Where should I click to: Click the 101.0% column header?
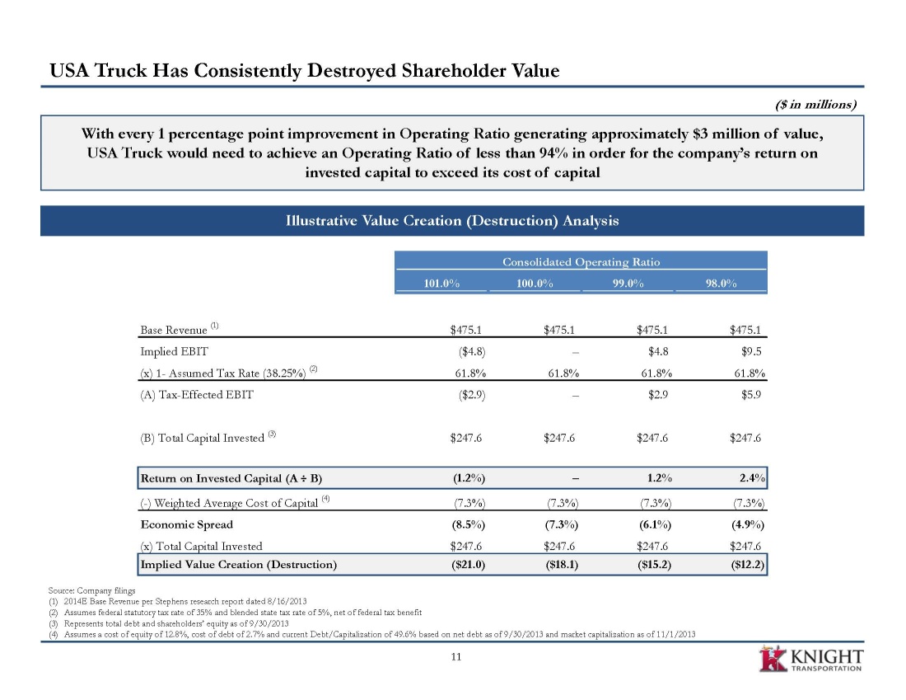coord(441,284)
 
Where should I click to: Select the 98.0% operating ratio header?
coord(722,284)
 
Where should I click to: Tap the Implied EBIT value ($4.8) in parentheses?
coord(471,351)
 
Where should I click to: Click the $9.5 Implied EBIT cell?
coord(751,351)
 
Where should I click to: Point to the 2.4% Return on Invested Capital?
coord(752,478)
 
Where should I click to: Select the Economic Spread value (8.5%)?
coord(468,524)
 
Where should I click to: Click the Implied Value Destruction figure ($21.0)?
coord(468,565)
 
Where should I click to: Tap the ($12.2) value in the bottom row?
coord(748,565)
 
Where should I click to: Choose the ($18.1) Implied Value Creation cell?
coord(562,565)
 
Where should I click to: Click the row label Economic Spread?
coord(187,524)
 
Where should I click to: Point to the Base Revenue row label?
coord(173,330)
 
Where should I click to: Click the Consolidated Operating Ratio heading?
coord(581,262)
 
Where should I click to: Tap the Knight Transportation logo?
coord(810,660)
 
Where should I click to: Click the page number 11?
coord(456,656)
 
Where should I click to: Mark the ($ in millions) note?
coord(815,105)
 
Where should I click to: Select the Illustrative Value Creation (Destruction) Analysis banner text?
coord(452,220)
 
